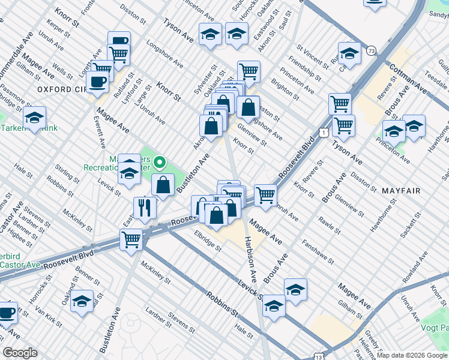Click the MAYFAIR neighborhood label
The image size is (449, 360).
coord(402,190)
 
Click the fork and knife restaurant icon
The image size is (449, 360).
coord(145,207)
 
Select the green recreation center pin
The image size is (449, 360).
coord(159,162)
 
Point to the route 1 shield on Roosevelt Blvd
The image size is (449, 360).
coord(324,131)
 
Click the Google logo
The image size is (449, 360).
coord(20,353)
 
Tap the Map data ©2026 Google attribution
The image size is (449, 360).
coord(412,355)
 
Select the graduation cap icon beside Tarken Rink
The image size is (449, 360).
coord(35,116)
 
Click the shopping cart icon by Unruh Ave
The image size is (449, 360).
coord(265,194)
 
